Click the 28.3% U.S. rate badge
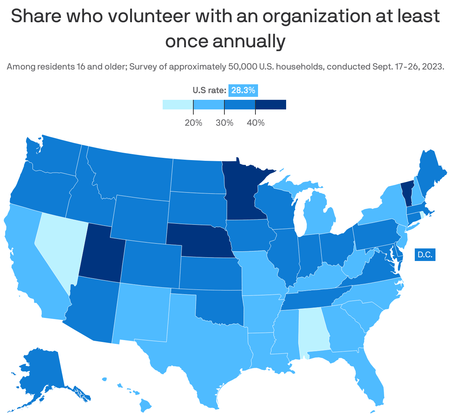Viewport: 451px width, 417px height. pyautogui.click(x=243, y=90)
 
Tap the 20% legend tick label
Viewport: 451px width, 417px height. pyautogui.click(x=193, y=123)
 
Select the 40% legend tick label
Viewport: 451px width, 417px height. pyautogui.click(x=255, y=123)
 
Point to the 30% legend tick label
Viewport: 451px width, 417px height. pyautogui.click(x=224, y=123)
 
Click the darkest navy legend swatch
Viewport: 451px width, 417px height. pyautogui.click(x=271, y=105)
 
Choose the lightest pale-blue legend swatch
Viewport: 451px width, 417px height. pyautogui.click(x=178, y=105)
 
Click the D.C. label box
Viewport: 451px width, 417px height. pyautogui.click(x=425, y=255)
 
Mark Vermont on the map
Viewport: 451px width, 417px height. pyautogui.click(x=407, y=192)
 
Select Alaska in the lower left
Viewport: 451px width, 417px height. pyautogui.click(x=41, y=373)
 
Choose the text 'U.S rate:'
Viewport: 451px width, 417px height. pyautogui.click(x=209, y=90)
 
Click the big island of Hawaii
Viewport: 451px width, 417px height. pyautogui.click(x=146, y=405)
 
